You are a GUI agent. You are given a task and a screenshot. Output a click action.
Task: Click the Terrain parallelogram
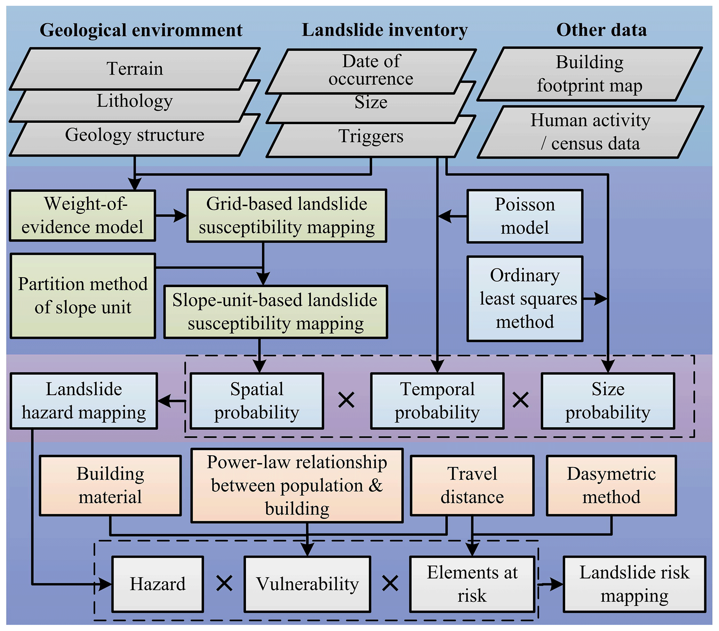(x=135, y=68)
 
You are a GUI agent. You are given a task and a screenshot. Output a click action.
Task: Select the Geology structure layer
(x=135, y=135)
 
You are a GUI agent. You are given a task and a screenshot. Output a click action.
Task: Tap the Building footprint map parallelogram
(x=590, y=74)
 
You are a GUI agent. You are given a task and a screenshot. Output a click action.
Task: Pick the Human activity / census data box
(x=590, y=132)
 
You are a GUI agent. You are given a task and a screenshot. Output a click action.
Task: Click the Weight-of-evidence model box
(x=82, y=216)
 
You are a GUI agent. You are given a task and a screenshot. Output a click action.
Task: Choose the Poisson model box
(x=525, y=216)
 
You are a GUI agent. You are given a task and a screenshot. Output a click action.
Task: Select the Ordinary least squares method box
(x=525, y=299)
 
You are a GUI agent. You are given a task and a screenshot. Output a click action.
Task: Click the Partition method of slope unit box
(x=83, y=296)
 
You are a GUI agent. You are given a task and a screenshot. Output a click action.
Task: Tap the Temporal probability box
(x=437, y=401)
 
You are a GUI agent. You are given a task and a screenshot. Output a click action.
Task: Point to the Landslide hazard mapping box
(x=84, y=401)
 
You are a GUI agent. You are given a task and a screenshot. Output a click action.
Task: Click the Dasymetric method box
(x=611, y=485)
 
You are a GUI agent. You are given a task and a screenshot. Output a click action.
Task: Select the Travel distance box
(x=472, y=485)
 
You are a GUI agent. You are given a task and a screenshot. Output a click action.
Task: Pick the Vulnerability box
(x=307, y=584)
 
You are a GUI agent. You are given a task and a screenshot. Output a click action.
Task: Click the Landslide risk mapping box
(x=634, y=584)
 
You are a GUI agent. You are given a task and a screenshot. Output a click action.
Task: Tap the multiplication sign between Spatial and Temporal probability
(x=346, y=400)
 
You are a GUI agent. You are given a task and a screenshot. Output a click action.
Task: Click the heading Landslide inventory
(x=384, y=30)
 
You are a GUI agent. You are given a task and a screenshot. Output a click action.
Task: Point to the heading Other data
(x=601, y=30)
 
